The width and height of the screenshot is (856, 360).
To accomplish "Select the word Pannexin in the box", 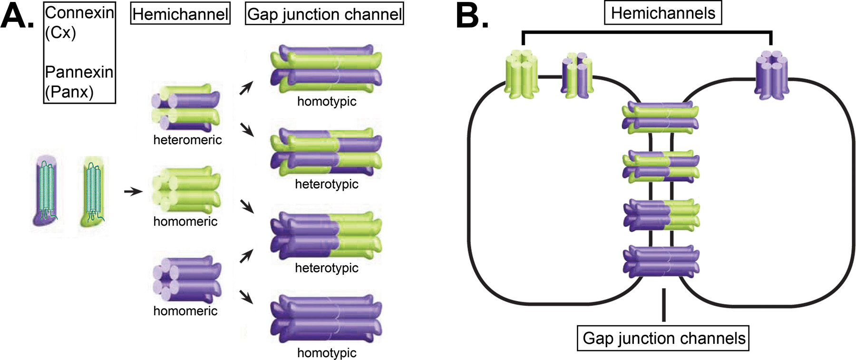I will [79, 72].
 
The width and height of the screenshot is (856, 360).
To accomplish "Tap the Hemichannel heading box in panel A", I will [180, 14].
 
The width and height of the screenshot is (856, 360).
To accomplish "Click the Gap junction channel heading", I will [324, 14].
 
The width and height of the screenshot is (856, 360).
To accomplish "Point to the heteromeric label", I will [187, 140].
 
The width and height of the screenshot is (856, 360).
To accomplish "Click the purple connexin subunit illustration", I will [47, 190].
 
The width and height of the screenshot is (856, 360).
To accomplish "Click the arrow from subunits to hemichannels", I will [133, 192].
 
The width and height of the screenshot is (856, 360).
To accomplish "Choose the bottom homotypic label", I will [327, 353].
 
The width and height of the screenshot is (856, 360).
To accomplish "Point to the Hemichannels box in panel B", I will [662, 13].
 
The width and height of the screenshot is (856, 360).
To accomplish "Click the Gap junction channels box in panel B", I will [663, 338].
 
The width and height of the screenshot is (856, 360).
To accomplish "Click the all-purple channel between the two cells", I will [661, 261].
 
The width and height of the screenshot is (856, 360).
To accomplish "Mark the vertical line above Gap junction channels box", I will [663, 304].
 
